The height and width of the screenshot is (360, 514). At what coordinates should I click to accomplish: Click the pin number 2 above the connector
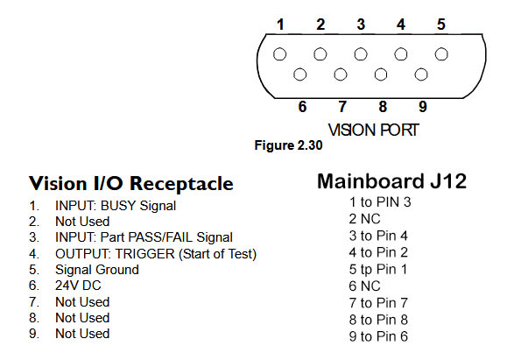320,25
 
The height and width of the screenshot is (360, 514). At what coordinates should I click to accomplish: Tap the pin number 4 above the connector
401,25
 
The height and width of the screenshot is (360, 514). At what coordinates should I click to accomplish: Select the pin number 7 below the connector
342,107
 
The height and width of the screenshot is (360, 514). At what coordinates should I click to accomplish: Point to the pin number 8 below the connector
383,107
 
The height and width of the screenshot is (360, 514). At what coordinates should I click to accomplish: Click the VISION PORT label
373,131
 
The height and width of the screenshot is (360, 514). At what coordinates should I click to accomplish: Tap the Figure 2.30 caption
288,145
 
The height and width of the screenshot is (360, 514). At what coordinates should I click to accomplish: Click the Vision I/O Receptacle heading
131,183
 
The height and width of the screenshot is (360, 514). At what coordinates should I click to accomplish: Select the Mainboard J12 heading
391,181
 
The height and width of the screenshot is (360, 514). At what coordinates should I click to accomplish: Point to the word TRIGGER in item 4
144,254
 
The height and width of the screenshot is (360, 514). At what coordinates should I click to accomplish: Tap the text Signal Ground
97,270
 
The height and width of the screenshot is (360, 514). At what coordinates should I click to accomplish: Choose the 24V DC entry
78,286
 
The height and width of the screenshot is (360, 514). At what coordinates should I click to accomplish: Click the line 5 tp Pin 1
378,269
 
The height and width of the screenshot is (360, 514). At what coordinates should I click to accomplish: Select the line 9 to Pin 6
378,336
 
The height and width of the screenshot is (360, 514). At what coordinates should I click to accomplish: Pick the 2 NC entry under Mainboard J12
364,219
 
